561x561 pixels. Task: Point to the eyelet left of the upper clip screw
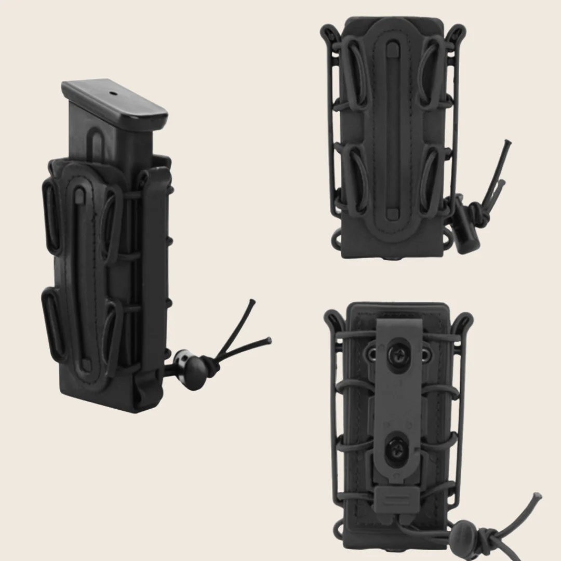[x=372, y=354]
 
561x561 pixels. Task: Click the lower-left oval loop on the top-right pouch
[x=357, y=179]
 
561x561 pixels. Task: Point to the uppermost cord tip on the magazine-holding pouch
[x=252, y=301]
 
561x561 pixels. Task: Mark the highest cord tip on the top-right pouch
[x=509, y=142]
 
